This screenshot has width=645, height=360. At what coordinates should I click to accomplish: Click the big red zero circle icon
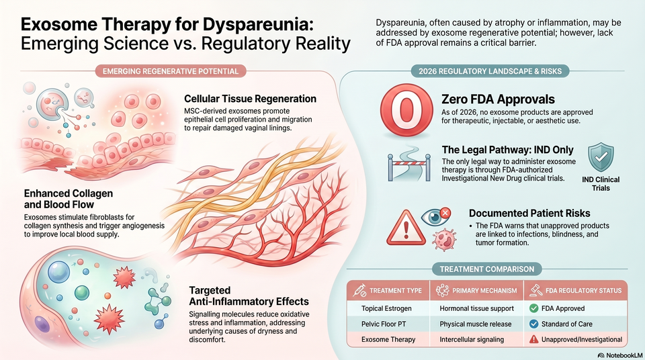(x=406, y=110)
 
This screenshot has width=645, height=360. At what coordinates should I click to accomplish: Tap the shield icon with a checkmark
(x=601, y=157)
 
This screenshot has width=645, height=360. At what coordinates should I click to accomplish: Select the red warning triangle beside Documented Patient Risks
(x=406, y=228)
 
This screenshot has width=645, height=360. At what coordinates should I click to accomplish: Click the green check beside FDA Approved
(x=533, y=308)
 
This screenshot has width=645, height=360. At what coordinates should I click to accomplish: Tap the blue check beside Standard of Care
(x=533, y=324)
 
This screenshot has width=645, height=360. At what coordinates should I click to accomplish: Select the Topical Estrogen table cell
(x=386, y=308)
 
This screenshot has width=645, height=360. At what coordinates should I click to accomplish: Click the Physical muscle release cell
(x=476, y=324)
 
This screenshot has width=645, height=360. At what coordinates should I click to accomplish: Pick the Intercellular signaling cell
(x=472, y=339)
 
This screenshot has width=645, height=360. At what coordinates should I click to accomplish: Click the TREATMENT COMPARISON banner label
(x=487, y=269)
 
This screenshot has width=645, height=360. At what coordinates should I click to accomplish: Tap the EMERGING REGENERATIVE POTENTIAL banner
(x=171, y=71)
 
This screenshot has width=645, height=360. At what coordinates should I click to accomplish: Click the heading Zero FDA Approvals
(x=498, y=99)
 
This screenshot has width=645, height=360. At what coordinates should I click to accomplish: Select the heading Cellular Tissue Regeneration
(x=250, y=99)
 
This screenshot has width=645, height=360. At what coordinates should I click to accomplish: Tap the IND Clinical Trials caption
(x=601, y=184)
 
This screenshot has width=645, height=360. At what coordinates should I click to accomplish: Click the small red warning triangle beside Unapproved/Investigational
(x=533, y=339)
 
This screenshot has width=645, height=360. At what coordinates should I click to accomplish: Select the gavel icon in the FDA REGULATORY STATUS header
(x=535, y=290)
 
